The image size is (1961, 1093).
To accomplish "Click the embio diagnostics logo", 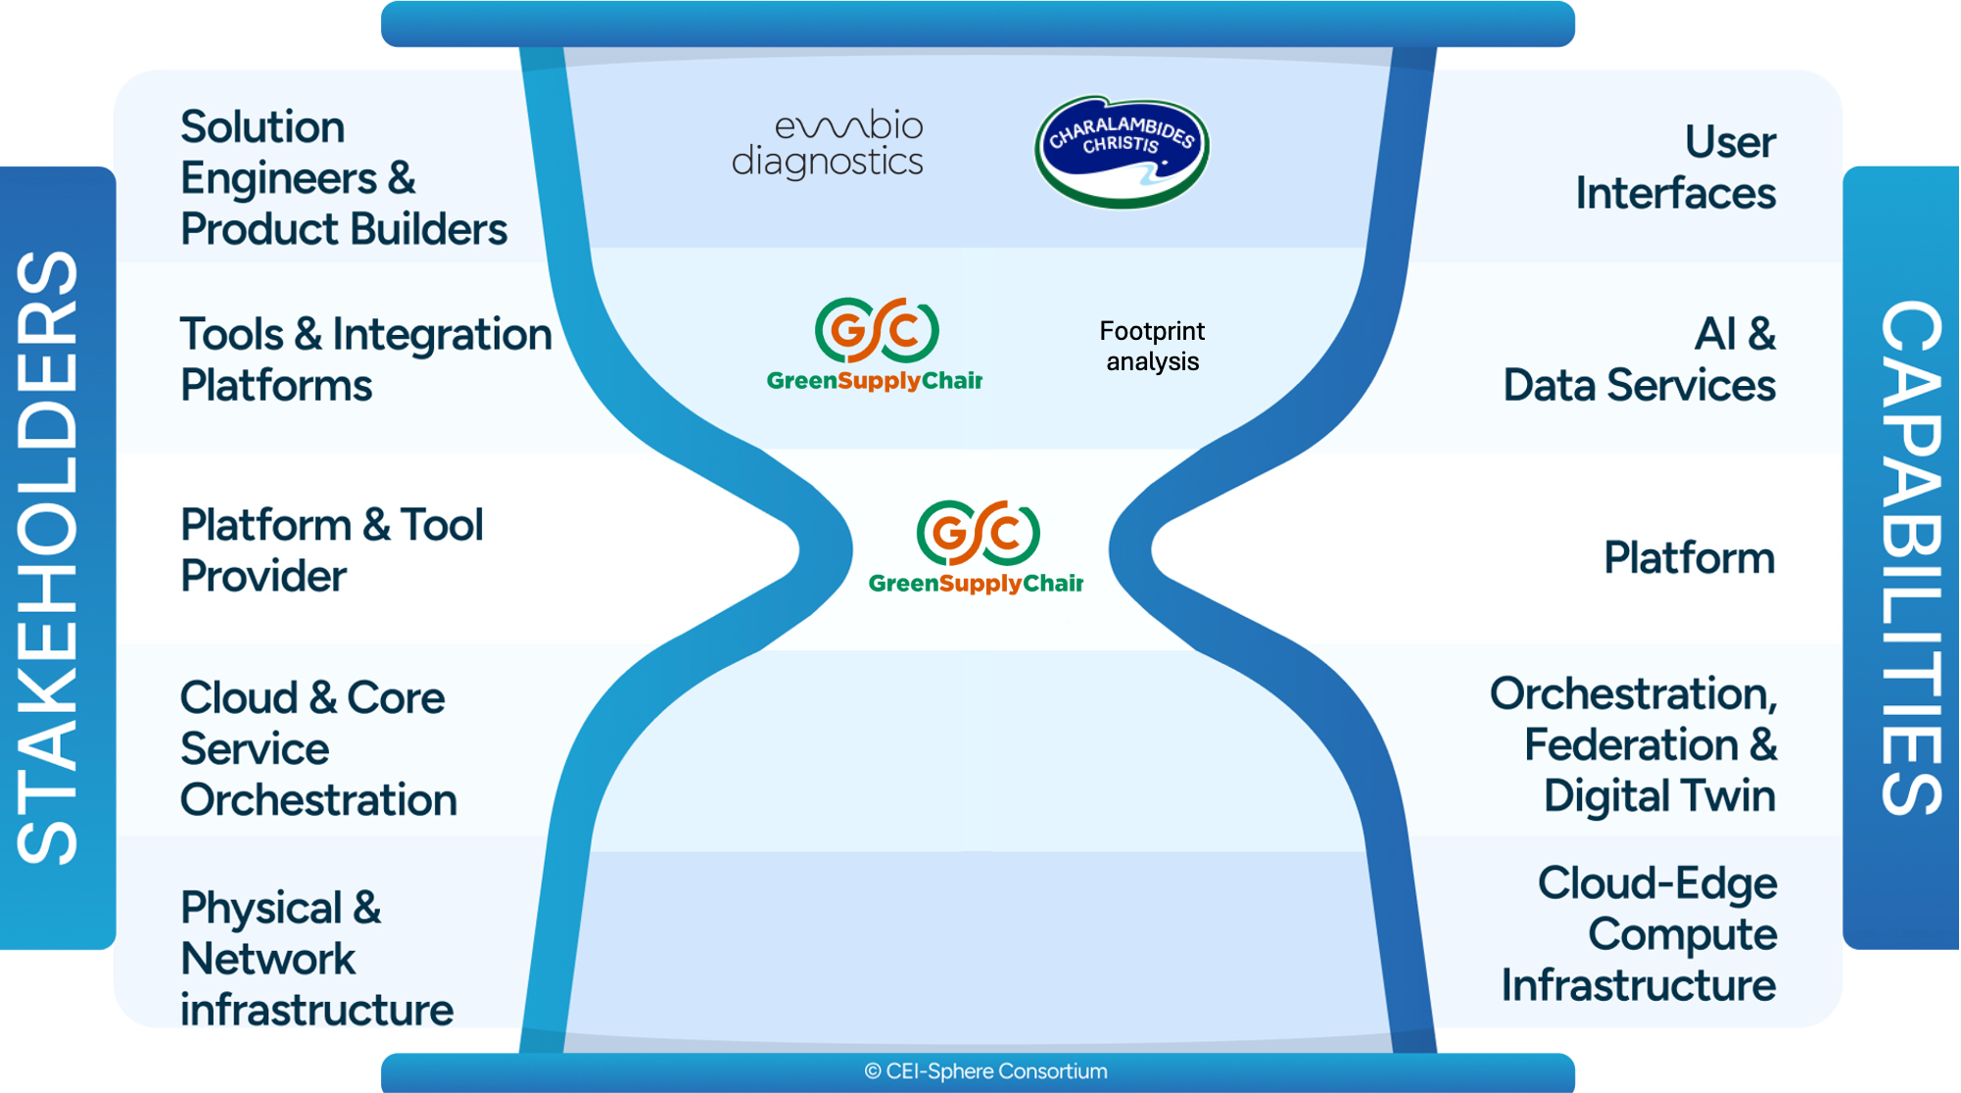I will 829,145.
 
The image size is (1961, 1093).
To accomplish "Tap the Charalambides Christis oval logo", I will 1122,151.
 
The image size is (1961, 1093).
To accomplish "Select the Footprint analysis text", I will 1152,346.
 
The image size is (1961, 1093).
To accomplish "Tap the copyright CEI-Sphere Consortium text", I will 985,1071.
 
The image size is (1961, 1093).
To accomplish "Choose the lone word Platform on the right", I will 1689,557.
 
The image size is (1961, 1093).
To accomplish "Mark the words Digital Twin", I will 1659,795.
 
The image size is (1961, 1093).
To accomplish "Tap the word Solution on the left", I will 263,126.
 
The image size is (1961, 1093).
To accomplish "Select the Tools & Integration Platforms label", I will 364,359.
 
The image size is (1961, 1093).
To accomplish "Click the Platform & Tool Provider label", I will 331,549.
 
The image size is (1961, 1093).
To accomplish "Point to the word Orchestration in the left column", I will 318,800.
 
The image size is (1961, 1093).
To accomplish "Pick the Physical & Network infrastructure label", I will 315,958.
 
